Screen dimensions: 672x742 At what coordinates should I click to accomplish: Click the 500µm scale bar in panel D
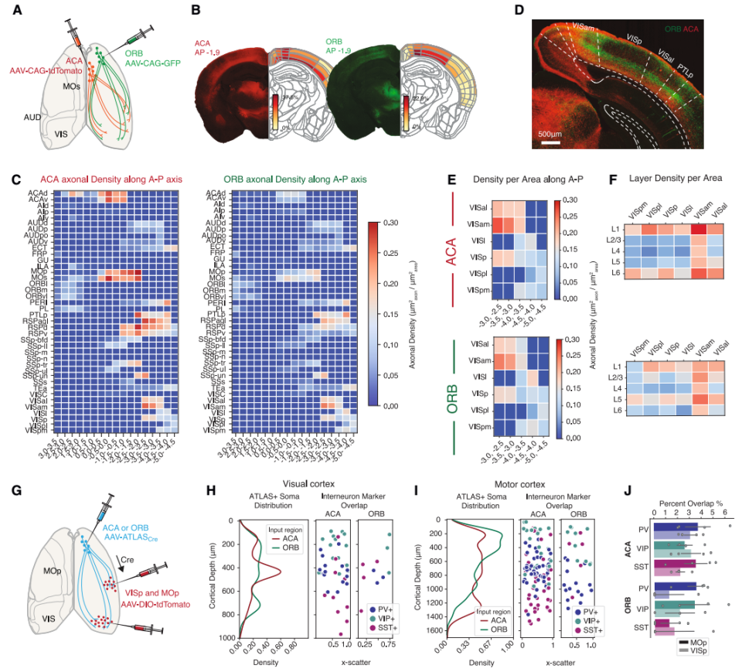(x=550, y=143)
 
